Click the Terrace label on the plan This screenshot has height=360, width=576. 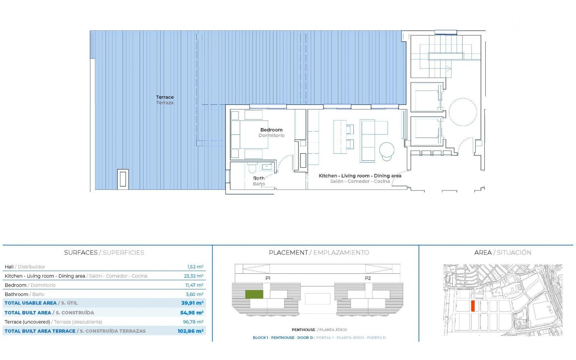click(x=165, y=97)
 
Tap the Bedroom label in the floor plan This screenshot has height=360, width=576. click(x=271, y=130)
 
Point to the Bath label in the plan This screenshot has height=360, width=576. click(x=259, y=178)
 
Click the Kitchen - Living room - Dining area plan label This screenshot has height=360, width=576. click(x=360, y=176)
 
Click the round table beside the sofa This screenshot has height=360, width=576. click(x=387, y=150)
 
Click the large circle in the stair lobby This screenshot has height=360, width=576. click(x=463, y=112)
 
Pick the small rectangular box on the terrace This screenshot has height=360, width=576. click(x=123, y=179)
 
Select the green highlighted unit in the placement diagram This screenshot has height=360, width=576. click(x=254, y=294)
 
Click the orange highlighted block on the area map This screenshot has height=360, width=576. click(x=473, y=306)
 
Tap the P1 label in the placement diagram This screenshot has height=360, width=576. click(x=268, y=278)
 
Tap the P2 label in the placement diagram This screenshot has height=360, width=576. click(x=368, y=278)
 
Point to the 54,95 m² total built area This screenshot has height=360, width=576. click(x=192, y=313)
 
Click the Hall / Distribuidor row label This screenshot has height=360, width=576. click(x=25, y=267)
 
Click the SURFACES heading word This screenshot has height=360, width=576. click(x=81, y=253)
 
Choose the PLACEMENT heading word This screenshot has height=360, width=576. click(x=288, y=253)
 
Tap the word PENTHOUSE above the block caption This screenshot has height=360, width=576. click(x=303, y=330)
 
